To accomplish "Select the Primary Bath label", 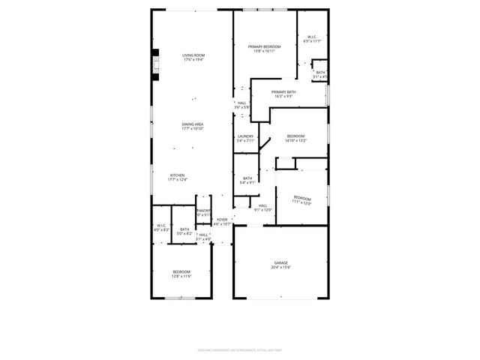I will (289, 94).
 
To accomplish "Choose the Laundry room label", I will (246, 138).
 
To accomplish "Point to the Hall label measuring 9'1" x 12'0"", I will (263, 207).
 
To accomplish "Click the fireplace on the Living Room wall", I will (156, 64).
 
